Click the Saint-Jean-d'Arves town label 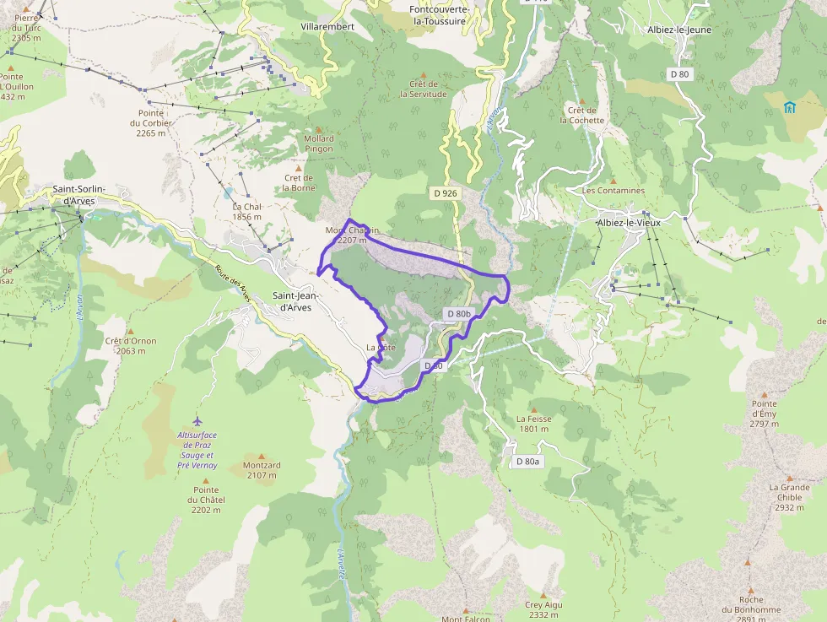[x=292, y=301]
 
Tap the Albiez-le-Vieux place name [x=629, y=222]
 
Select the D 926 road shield [x=445, y=193]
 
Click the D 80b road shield [x=458, y=314]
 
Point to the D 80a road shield [x=527, y=462]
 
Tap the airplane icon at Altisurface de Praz [x=197, y=421]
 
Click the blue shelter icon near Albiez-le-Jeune [x=789, y=107]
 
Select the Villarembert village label [x=327, y=27]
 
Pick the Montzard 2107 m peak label [x=262, y=470]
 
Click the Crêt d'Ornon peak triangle [x=131, y=332]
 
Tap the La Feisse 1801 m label [x=533, y=424]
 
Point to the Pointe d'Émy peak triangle [x=765, y=394]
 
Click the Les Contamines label [x=613, y=191]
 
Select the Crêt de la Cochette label [x=582, y=115]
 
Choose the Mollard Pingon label [x=319, y=143]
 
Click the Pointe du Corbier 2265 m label [x=151, y=122]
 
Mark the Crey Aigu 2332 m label [x=543, y=609]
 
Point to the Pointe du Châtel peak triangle [x=206, y=479]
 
